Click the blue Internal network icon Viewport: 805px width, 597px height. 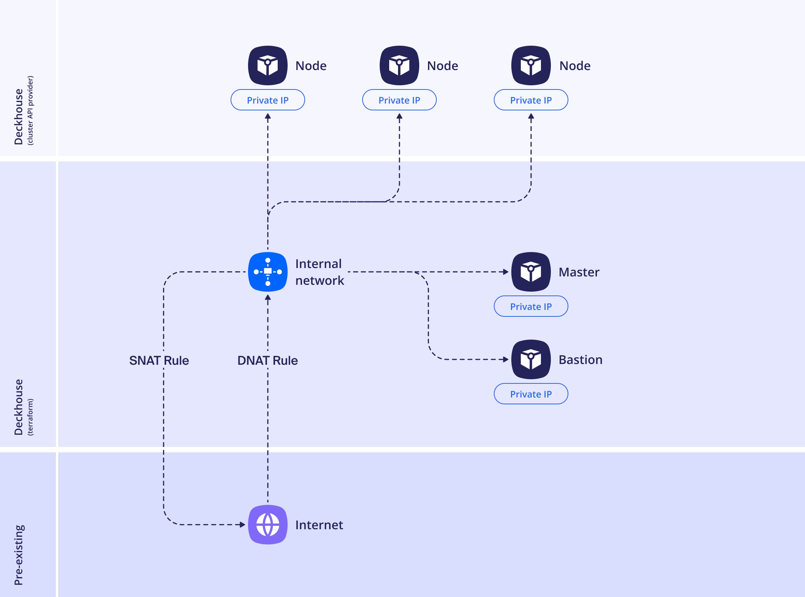[x=267, y=272]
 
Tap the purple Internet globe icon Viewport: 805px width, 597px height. [x=267, y=524]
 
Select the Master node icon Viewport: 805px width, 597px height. [x=531, y=272]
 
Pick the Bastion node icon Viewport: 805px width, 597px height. [x=531, y=359]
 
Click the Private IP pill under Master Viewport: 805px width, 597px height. [x=531, y=306]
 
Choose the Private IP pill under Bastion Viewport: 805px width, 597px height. [x=531, y=394]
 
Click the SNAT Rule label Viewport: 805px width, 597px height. [x=159, y=361]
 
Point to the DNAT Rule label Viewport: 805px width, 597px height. [x=267, y=361]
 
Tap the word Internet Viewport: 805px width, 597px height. [x=319, y=525]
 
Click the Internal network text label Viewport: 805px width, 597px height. [x=320, y=272]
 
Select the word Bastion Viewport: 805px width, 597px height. [x=581, y=360]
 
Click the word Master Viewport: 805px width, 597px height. [x=579, y=272]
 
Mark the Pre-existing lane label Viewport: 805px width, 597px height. [x=19, y=554]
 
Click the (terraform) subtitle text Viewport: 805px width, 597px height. [x=30, y=417]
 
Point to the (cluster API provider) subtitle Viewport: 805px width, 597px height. [x=30, y=110]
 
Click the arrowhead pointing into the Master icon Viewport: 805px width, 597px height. [x=506, y=272]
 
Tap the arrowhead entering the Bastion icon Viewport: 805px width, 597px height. [x=506, y=359]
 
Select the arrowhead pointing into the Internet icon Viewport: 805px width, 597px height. [x=242, y=525]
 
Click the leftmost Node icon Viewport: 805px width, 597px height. [x=267, y=65]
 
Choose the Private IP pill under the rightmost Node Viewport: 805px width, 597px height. [x=531, y=100]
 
